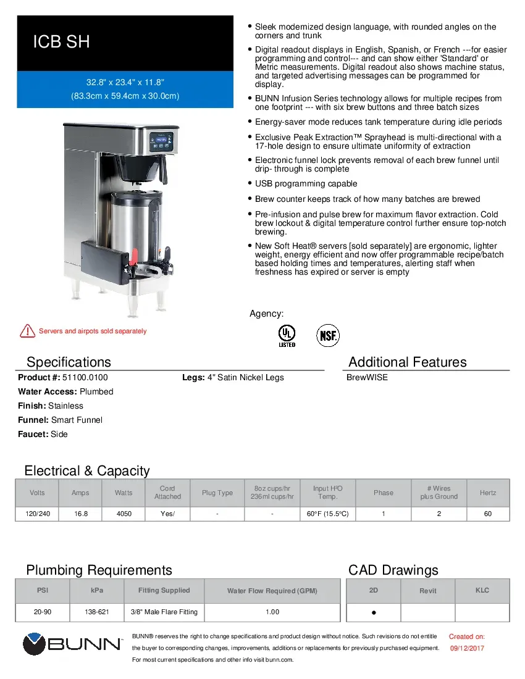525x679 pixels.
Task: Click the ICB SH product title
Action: [61, 42]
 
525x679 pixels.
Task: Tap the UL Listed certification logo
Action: [287, 335]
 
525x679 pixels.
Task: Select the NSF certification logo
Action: [327, 335]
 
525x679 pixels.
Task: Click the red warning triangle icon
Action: [27, 331]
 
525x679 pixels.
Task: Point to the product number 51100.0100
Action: [85, 377]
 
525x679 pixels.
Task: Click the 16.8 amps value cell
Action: [80, 514]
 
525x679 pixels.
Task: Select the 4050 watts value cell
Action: [124, 514]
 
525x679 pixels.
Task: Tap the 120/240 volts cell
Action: [37, 514]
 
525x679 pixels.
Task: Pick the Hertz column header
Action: [488, 493]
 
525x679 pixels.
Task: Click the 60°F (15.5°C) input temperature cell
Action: [327, 514]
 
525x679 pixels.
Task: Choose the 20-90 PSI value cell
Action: [43, 612]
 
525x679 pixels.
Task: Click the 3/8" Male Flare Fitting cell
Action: [164, 612]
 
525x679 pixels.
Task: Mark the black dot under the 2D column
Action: [374, 613]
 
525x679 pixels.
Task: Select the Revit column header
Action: [427, 591]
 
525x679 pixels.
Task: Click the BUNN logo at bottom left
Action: [72, 644]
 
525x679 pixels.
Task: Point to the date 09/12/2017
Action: [466, 648]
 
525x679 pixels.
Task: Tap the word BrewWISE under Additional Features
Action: [367, 377]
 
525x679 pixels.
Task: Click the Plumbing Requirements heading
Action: [99, 570]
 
